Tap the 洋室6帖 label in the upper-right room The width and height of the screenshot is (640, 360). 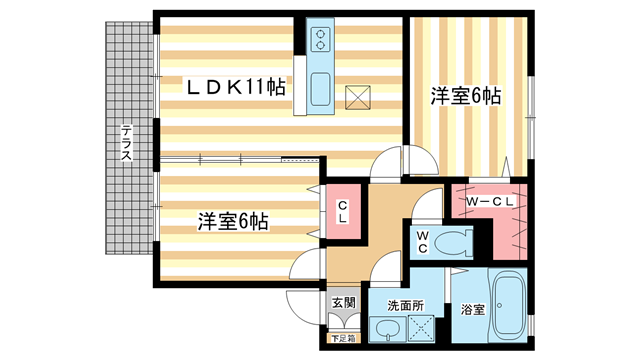[x=465, y=96]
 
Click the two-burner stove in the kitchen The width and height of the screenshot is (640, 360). [x=321, y=40]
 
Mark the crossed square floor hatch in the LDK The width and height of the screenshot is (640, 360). [x=358, y=96]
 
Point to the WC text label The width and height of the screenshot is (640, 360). [x=423, y=241]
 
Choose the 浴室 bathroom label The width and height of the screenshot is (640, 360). [x=472, y=310]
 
